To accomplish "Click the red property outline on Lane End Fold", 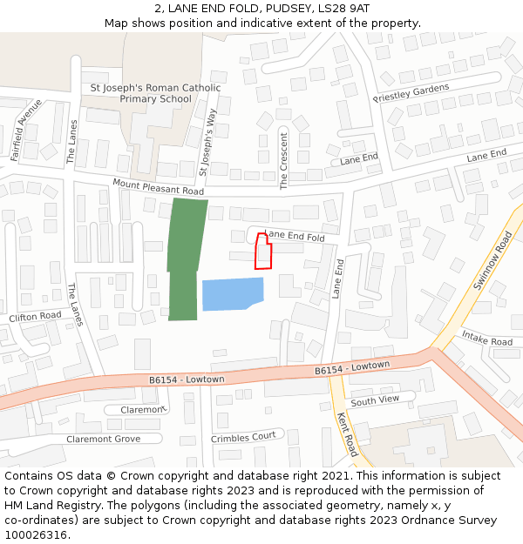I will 262,253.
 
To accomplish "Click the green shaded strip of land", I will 185,258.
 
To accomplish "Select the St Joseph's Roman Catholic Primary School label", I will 156,93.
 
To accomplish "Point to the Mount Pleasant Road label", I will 158,185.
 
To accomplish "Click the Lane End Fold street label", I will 295,236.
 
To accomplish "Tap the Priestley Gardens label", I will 411,92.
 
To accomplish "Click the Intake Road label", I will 486,338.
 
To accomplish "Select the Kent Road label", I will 346,434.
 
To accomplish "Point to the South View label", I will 375,400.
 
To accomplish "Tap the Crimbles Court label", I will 243,437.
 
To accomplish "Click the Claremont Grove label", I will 103,439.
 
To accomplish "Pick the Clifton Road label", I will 36,317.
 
